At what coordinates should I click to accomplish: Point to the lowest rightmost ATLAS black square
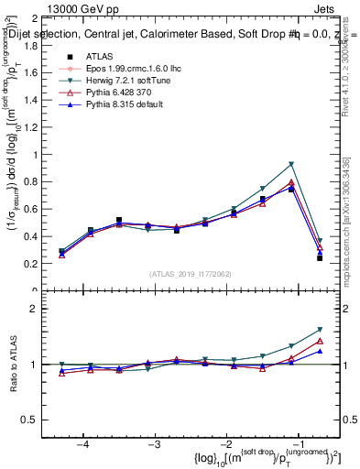pos(320,258)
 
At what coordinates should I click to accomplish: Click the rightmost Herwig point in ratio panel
pos(320,330)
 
